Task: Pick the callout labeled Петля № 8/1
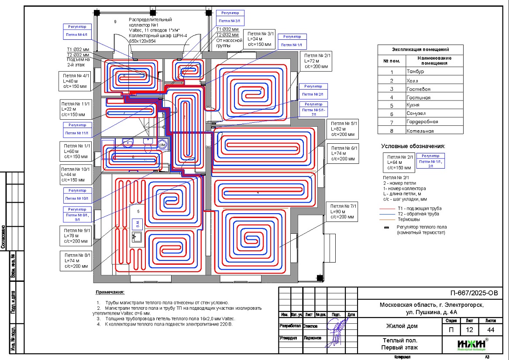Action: [x=77, y=260]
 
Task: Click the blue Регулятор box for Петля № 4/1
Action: [x=77, y=31]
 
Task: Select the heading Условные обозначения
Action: [x=413, y=146]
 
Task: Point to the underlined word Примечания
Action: [x=110, y=292]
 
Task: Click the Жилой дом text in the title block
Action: [x=401, y=326]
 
